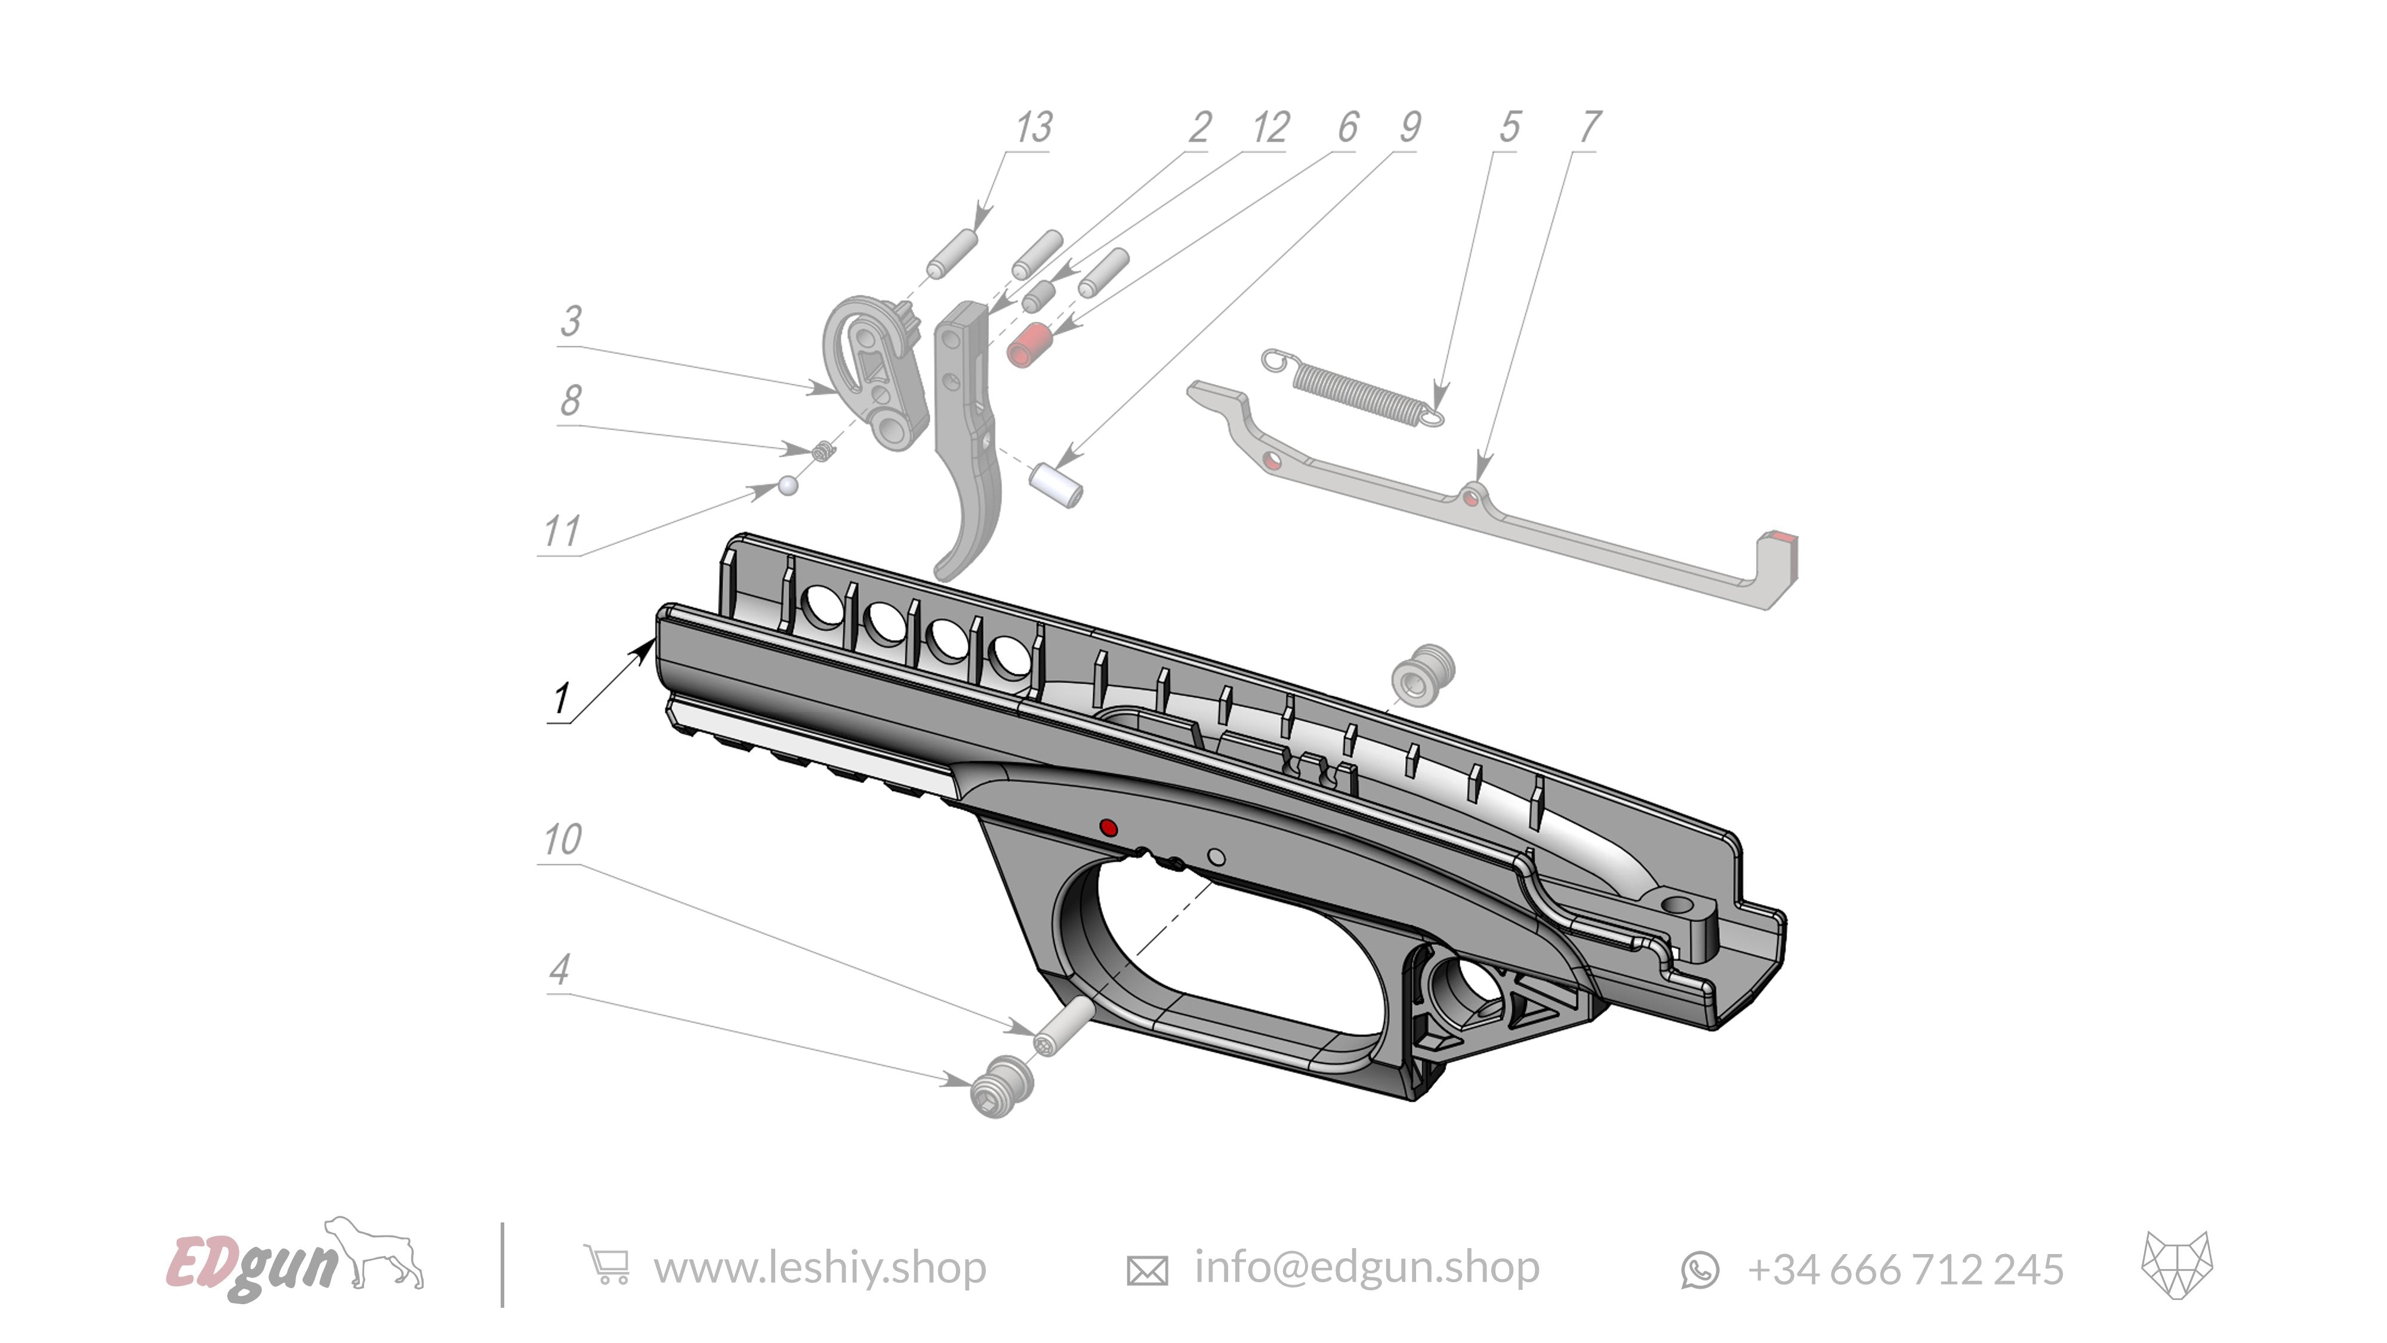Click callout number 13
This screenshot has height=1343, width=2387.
pyautogui.click(x=1033, y=128)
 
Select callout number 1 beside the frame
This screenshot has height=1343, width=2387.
pyautogui.click(x=560, y=698)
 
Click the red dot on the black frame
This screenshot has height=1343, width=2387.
pyautogui.click(x=1108, y=828)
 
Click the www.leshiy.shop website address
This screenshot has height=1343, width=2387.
pyautogui.click(x=819, y=1267)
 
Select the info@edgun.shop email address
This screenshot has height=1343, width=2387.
pyautogui.click(x=1367, y=1267)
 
